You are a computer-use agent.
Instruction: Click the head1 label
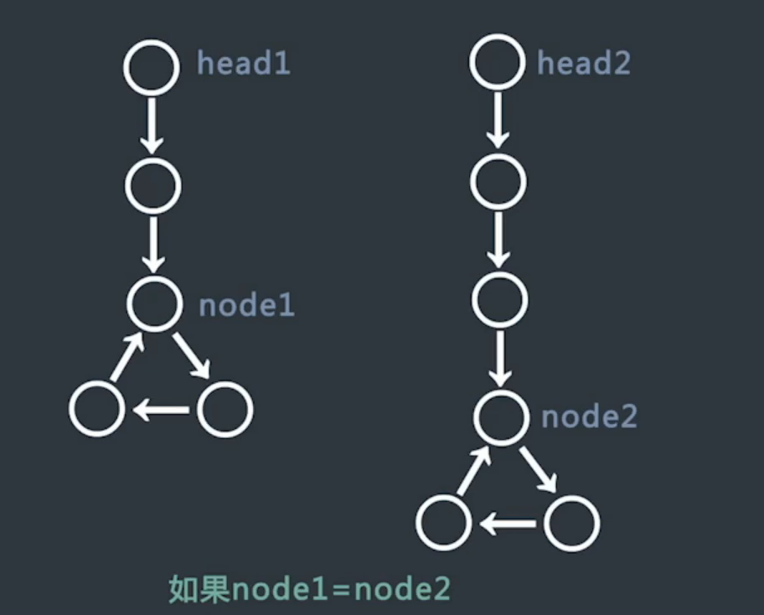(244, 64)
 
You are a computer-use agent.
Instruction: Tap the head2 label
(583, 63)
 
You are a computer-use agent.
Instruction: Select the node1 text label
(246, 305)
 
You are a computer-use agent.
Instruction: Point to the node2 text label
(589, 416)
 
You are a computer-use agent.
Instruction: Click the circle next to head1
(152, 66)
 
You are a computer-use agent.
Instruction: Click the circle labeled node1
(154, 303)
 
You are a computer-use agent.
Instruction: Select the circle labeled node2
(501, 416)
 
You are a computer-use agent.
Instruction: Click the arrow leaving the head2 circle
(498, 119)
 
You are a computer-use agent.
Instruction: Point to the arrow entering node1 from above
(152, 244)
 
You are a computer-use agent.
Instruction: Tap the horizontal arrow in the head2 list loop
(508, 525)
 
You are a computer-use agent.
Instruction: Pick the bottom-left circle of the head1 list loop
(97, 410)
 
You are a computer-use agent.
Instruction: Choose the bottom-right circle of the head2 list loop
(572, 523)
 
